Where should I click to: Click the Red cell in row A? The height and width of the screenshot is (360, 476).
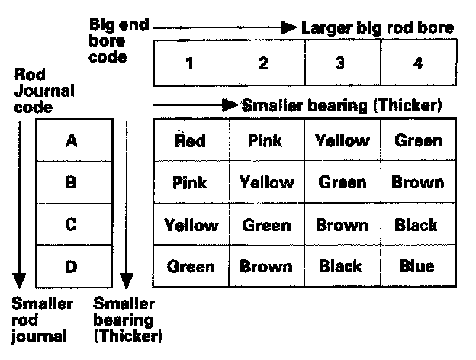(x=190, y=140)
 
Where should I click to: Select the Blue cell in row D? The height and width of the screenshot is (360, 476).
(x=416, y=267)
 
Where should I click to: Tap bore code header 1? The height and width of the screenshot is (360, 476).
(x=190, y=63)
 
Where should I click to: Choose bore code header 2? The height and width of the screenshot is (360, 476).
(x=264, y=63)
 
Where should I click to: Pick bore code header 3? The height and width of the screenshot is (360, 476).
(x=340, y=63)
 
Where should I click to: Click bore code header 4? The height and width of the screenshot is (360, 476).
(x=417, y=63)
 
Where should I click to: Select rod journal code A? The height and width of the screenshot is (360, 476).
(x=72, y=140)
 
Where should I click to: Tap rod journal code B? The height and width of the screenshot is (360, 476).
(x=72, y=183)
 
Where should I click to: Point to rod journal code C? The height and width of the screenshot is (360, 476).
(x=72, y=226)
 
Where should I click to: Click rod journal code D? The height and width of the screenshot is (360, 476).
(x=72, y=268)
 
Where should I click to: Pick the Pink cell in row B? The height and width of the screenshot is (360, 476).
(x=190, y=183)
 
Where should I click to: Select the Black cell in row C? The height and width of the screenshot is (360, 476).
(x=416, y=225)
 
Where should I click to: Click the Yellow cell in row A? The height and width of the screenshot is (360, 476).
(x=343, y=140)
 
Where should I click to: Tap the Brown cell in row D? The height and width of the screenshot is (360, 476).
(x=266, y=267)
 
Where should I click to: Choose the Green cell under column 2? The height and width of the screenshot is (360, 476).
(x=266, y=225)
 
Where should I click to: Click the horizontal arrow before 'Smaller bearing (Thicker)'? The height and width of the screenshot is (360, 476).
(x=195, y=106)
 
